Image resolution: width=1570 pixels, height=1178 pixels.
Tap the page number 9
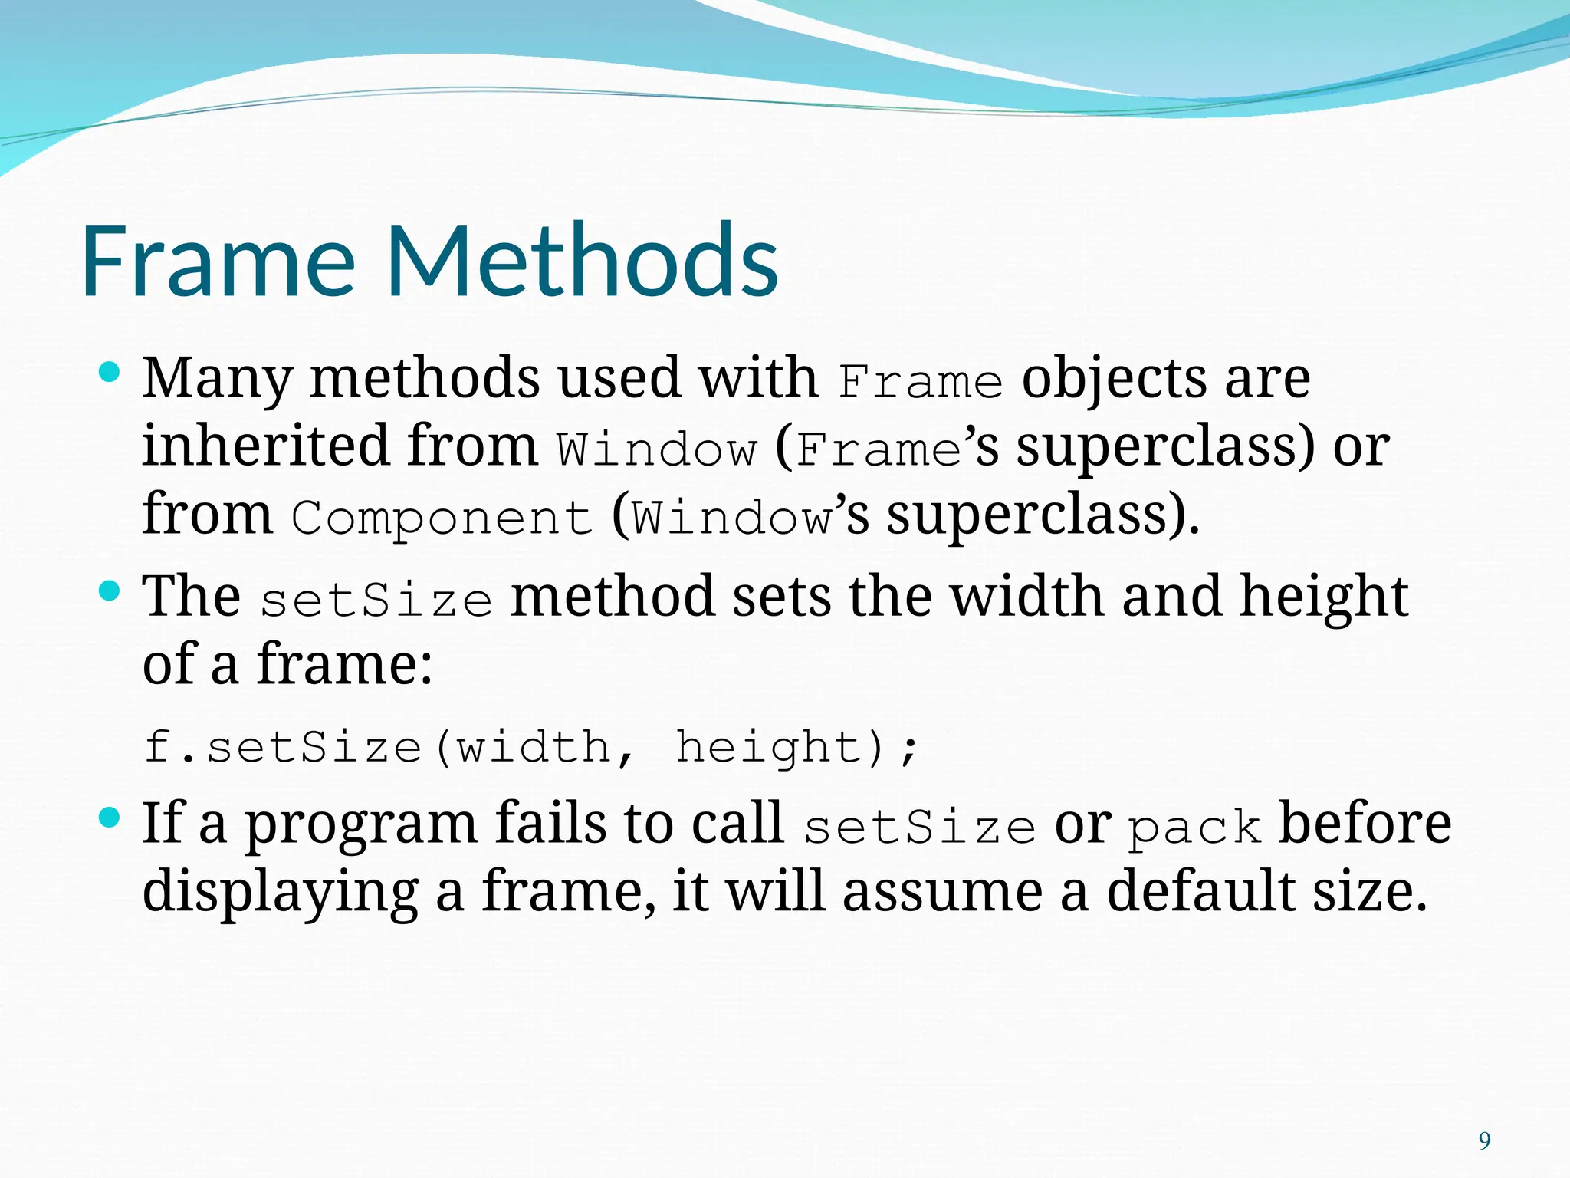pyautogui.click(x=1485, y=1141)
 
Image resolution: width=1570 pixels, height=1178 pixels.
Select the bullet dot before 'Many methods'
pyautogui.click(x=110, y=373)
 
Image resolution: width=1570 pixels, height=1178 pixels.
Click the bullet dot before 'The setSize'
pyautogui.click(x=110, y=591)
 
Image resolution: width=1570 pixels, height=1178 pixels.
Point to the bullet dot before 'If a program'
pyautogui.click(x=110, y=818)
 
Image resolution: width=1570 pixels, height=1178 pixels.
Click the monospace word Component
pyautogui.click(x=442, y=518)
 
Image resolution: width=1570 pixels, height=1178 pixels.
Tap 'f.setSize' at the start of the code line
pyautogui.click(x=283, y=748)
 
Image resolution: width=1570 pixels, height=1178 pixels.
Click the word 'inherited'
pyautogui.click(x=265, y=446)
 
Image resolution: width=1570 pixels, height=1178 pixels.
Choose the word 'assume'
pyautogui.click(x=942, y=893)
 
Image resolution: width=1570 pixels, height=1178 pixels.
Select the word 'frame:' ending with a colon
pyautogui.click(x=344, y=664)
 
